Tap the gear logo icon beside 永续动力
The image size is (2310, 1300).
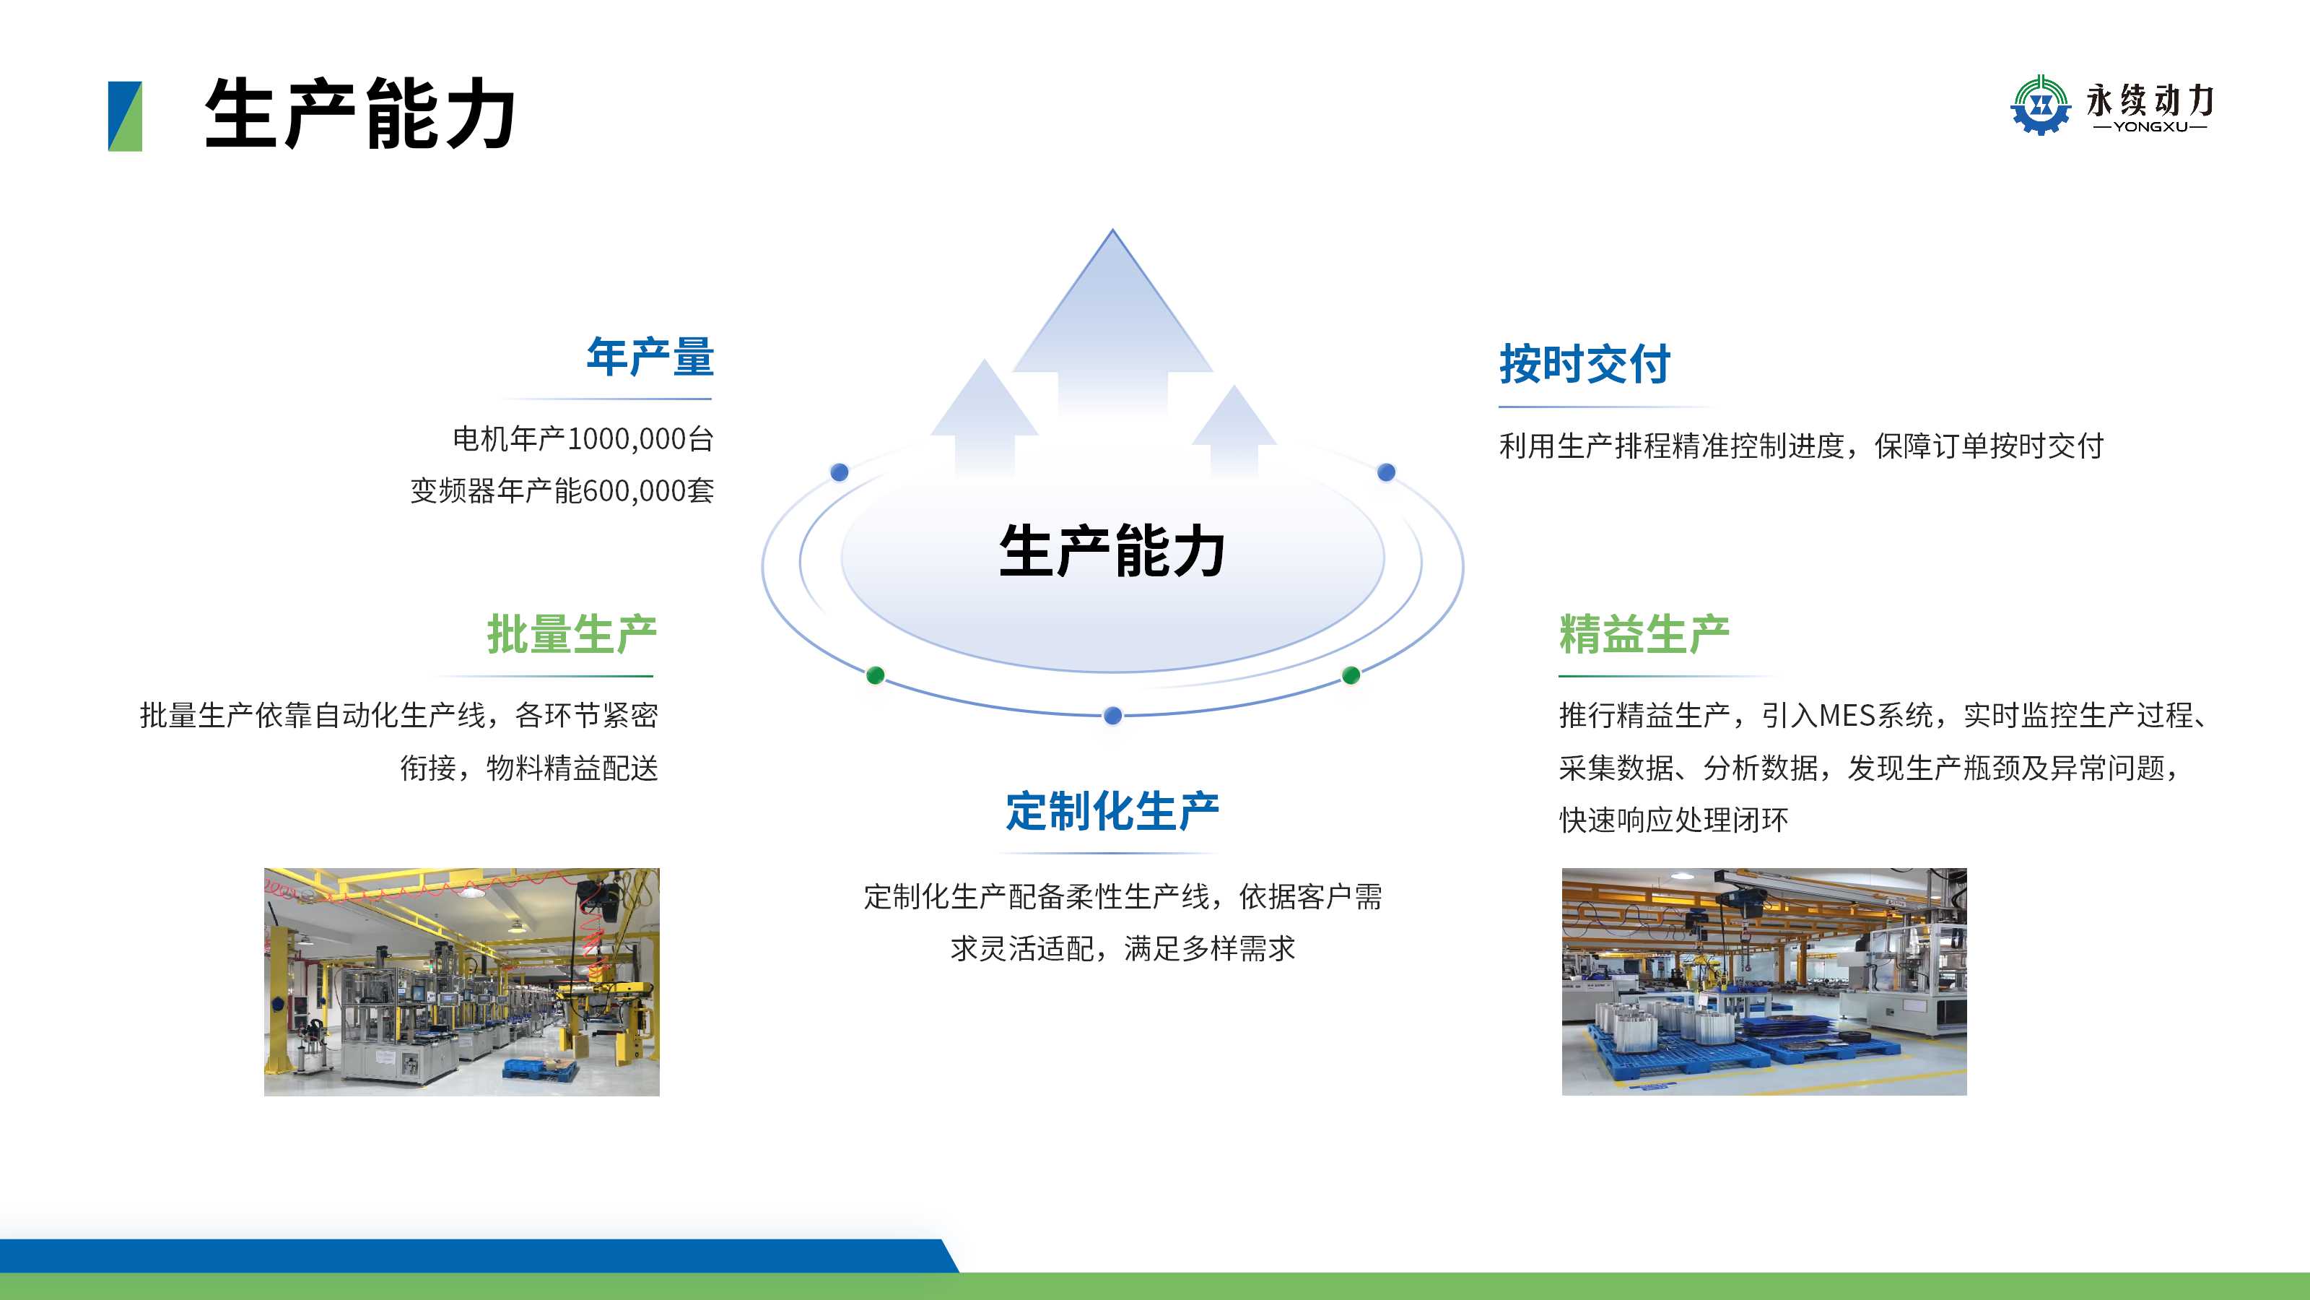(x=2041, y=105)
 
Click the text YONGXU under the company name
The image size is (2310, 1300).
(x=2150, y=126)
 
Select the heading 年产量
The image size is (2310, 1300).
(x=650, y=357)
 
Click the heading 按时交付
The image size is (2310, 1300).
(x=1585, y=364)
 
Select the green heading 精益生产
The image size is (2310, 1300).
(x=1644, y=634)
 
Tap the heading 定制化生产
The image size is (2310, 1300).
(x=1112, y=811)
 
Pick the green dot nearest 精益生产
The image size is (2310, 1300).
(x=1351, y=675)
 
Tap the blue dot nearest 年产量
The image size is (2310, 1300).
(x=840, y=472)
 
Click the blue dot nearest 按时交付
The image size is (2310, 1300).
(x=1386, y=472)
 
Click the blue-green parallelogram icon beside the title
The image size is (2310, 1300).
(x=125, y=116)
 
